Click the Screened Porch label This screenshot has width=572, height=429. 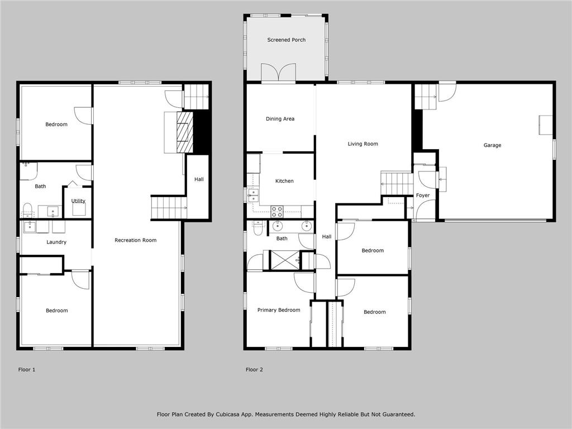click(x=286, y=40)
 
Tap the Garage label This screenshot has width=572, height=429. click(x=492, y=145)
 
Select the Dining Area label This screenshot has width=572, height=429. click(x=280, y=119)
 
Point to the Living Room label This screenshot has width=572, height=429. click(x=363, y=144)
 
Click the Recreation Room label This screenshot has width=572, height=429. click(x=135, y=240)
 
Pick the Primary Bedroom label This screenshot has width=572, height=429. click(x=278, y=310)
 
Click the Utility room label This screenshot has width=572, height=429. click(x=78, y=201)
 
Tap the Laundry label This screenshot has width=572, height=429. click(x=56, y=242)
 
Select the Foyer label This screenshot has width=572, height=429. click(x=423, y=196)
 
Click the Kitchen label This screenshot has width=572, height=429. click(x=284, y=181)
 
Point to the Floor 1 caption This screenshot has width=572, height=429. click(x=27, y=369)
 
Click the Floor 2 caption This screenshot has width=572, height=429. click(x=254, y=369)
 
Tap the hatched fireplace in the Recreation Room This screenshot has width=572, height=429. click(x=184, y=132)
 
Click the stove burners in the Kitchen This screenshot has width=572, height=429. click(x=277, y=211)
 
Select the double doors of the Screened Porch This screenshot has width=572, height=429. click(x=279, y=73)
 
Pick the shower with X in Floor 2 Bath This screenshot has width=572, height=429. click(x=284, y=260)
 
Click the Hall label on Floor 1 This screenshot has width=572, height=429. click(x=199, y=179)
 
